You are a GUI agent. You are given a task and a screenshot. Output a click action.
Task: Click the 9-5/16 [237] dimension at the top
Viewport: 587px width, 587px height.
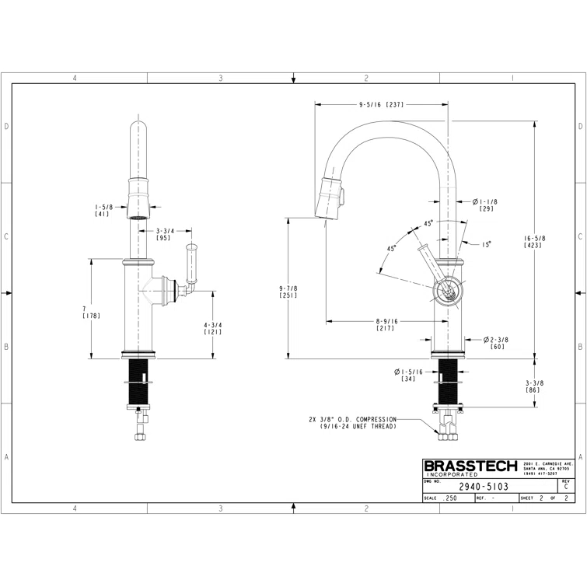[x=381, y=104]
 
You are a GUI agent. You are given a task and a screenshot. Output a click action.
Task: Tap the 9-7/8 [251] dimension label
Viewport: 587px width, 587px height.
[x=288, y=292]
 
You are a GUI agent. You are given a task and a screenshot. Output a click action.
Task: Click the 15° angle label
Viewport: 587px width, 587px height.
[x=486, y=244]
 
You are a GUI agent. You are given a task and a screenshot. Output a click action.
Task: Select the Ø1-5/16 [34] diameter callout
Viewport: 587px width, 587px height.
[x=407, y=376]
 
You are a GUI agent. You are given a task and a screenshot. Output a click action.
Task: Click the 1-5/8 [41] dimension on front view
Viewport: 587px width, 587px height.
[x=103, y=210]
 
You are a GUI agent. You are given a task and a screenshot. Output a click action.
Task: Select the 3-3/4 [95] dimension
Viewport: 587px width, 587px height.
[x=164, y=234]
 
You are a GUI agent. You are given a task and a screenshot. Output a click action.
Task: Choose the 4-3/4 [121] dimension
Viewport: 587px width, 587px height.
[x=213, y=328]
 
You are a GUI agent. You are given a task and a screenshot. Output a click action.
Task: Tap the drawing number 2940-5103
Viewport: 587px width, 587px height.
[x=484, y=486]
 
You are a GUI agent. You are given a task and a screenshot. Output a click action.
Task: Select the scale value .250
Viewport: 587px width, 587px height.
[x=449, y=498]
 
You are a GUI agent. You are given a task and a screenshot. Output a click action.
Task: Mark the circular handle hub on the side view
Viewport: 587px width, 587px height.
[x=447, y=292]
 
